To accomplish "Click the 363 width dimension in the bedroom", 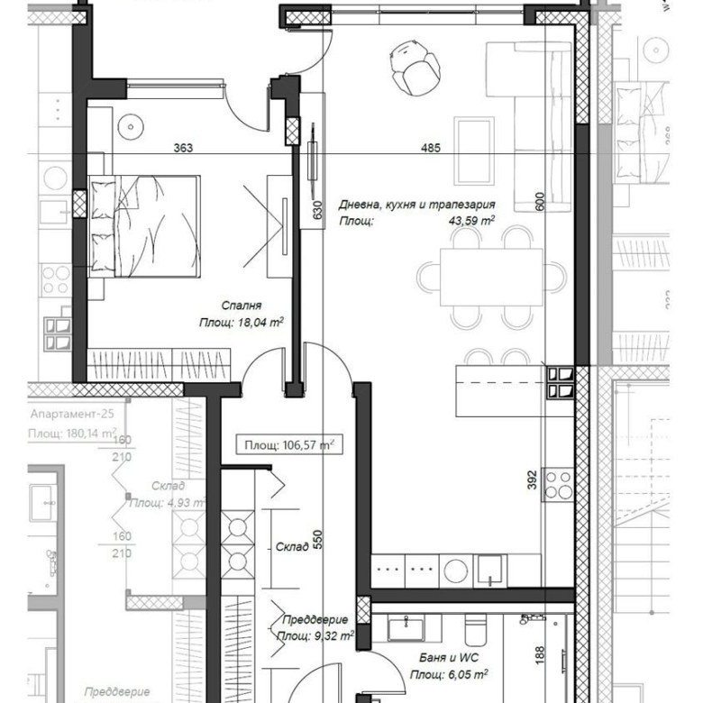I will pyautogui.click(x=183, y=149).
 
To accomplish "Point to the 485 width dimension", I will pyautogui.click(x=430, y=149).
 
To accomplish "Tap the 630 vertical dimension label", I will pyautogui.click(x=317, y=210).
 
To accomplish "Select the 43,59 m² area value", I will pyautogui.click(x=474, y=221).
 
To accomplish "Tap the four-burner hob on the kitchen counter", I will pyautogui.click(x=557, y=484).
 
